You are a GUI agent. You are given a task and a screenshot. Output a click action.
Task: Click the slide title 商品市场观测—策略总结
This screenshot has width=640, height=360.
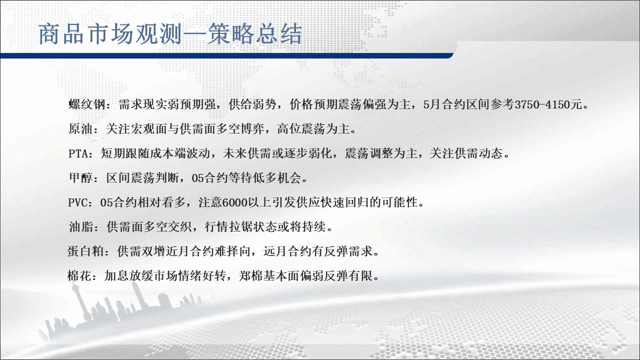pos(170,34)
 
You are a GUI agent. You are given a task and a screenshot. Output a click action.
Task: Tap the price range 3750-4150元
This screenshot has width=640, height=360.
pos(548,104)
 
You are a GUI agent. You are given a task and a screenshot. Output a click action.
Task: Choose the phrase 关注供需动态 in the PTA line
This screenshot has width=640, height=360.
pos(466,153)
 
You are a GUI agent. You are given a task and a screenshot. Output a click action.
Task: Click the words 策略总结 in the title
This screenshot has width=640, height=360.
pos(254,34)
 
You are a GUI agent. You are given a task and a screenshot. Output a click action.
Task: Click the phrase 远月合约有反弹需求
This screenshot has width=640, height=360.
pos(318,251)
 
